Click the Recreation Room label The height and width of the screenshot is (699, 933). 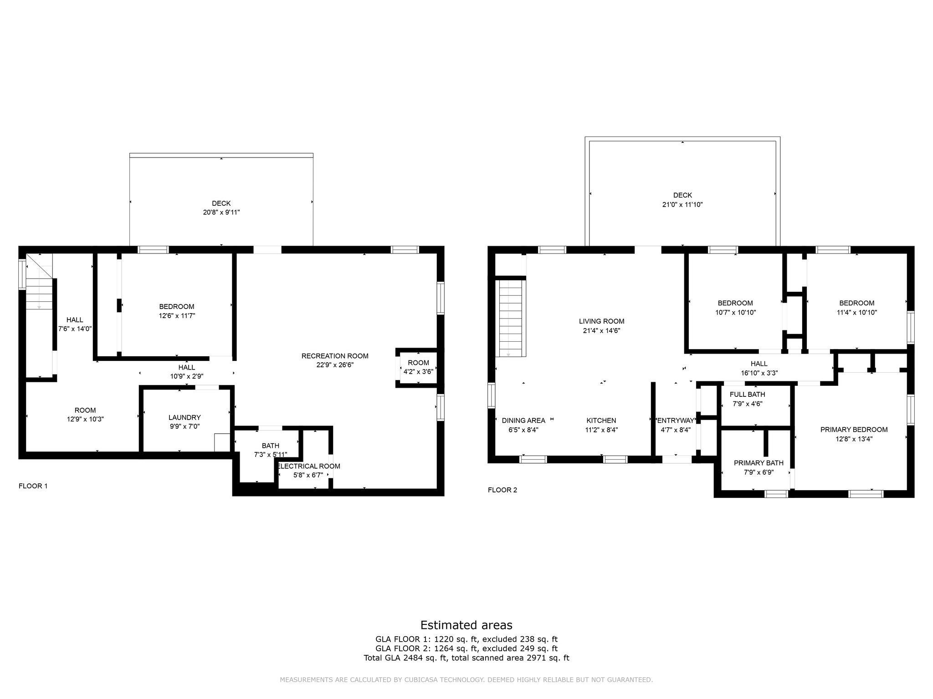pos(335,356)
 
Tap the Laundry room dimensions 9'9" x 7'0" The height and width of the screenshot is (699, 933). pos(184,426)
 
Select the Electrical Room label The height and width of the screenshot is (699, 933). pos(309,466)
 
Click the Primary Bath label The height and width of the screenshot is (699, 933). pos(759,463)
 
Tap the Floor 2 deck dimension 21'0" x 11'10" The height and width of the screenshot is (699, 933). pos(682,205)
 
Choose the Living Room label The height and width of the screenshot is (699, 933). pos(601,321)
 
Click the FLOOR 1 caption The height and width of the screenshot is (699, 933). pos(33,486)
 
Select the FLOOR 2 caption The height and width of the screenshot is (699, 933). pos(502,490)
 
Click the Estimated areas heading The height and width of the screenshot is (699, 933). pos(466,625)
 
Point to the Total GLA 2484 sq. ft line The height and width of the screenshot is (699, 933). pos(466,658)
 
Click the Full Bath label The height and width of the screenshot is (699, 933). pos(747,395)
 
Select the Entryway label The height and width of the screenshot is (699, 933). pos(676,420)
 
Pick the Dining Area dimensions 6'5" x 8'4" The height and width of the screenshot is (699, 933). pos(523,430)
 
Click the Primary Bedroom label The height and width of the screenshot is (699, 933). pos(854,430)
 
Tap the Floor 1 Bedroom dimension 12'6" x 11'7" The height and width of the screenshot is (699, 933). pos(176,315)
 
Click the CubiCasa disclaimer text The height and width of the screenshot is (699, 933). pos(466,680)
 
